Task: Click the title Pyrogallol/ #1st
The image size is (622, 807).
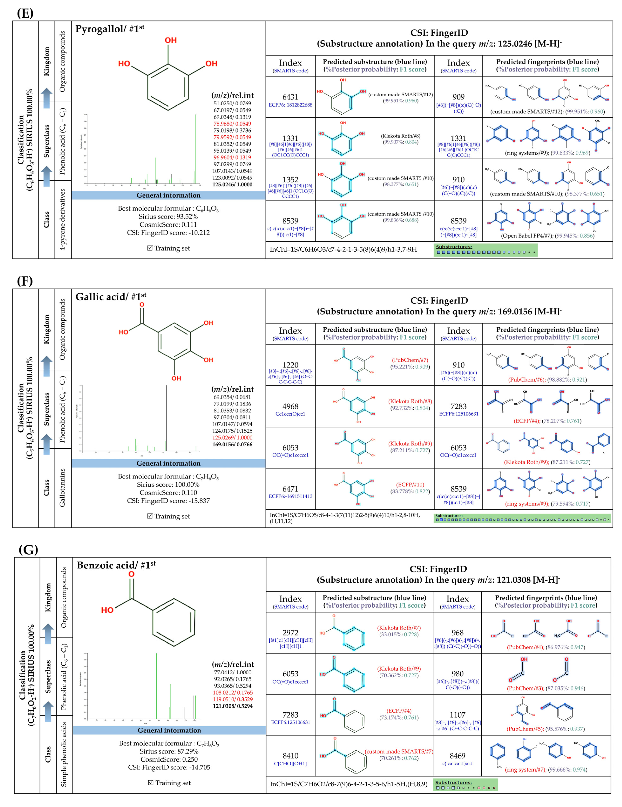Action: click(x=110, y=29)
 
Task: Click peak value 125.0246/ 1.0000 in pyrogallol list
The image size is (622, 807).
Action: click(x=232, y=184)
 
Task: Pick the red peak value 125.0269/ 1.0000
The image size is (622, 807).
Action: click(x=232, y=438)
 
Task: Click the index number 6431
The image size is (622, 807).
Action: click(x=290, y=97)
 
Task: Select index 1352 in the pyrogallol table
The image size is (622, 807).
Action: click(x=290, y=180)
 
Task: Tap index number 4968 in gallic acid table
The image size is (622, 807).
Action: click(x=290, y=406)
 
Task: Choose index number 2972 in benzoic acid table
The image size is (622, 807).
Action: click(x=290, y=633)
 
